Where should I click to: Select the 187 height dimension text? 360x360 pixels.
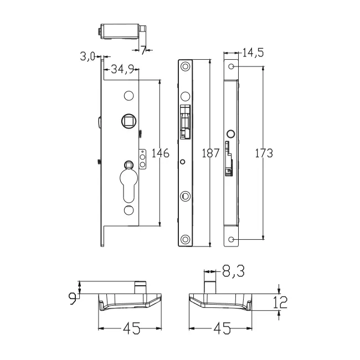210,153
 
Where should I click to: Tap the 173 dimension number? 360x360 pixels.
263,153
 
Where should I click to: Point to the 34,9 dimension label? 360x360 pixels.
121,69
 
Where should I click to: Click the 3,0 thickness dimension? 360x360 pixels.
88,56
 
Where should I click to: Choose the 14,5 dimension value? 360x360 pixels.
253,53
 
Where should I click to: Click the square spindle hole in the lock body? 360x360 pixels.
128,120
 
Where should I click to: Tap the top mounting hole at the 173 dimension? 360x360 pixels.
232,66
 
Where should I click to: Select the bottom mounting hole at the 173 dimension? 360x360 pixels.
232,239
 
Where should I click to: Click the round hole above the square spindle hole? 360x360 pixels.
128,96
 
